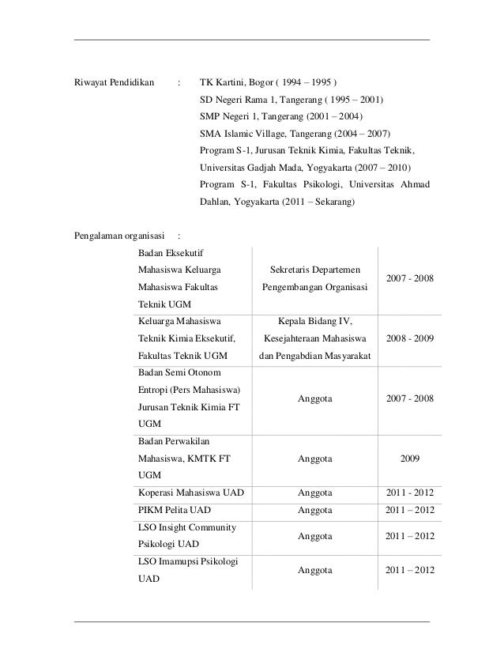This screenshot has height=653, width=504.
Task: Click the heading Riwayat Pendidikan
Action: pos(113,81)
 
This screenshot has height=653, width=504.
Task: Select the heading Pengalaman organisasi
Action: pos(118,235)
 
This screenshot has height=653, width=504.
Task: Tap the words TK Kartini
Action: pos(223,81)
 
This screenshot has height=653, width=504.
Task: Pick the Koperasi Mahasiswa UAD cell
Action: pos(190,493)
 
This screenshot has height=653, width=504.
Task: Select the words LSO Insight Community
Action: pos(188,527)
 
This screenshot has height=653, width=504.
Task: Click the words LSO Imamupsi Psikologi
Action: pos(188,561)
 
